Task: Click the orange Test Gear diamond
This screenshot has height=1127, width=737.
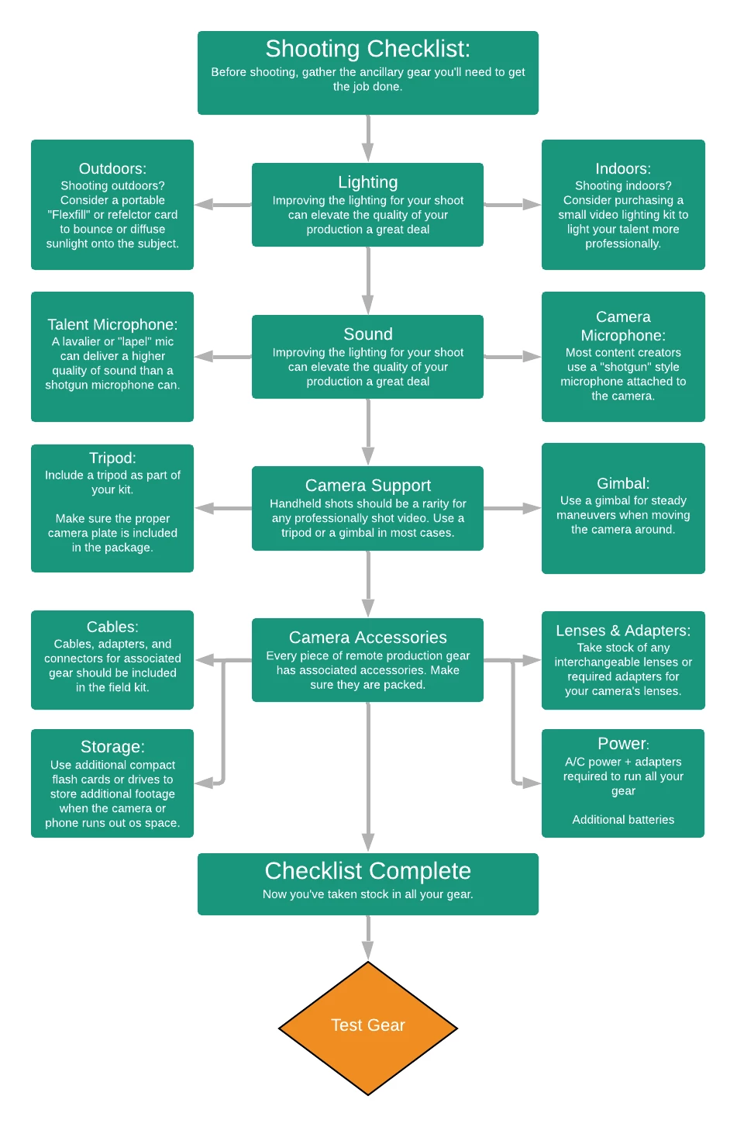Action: tap(368, 1027)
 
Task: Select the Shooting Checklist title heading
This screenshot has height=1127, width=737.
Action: tap(367, 49)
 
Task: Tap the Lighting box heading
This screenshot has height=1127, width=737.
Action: tap(367, 182)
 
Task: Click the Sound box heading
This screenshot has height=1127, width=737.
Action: tap(367, 334)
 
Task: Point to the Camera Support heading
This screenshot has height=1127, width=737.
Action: tap(367, 486)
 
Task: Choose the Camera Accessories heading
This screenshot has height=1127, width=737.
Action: tap(367, 638)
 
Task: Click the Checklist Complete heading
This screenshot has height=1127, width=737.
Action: tap(367, 871)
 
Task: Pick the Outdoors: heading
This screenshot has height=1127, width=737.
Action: tap(112, 169)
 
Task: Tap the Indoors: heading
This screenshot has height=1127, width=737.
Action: tap(623, 169)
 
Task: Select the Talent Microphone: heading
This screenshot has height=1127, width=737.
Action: tap(112, 325)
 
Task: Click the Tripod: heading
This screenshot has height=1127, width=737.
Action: tap(112, 458)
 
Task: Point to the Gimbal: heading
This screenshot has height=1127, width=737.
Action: tap(623, 484)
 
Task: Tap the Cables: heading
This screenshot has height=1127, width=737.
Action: tap(112, 627)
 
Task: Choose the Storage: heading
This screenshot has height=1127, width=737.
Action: tap(112, 747)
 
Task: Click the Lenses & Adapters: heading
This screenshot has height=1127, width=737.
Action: tap(623, 631)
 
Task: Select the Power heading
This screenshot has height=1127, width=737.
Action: tap(622, 744)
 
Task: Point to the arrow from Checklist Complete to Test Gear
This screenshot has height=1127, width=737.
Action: tap(368, 938)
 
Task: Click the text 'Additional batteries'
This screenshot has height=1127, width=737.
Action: tap(623, 820)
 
